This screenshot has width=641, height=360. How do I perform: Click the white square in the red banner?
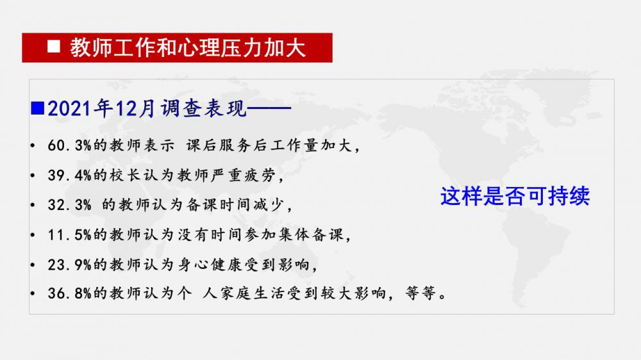coord(54,47)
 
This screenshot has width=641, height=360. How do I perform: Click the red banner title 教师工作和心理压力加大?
coord(188,47)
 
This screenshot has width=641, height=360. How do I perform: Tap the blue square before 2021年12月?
coord(38,108)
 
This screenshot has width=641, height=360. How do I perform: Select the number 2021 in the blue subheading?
coord(69,109)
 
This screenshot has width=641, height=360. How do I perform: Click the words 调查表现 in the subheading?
coord(204,109)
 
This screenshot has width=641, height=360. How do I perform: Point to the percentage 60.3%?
coord(69,145)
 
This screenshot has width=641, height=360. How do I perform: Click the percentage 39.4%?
coord(69,176)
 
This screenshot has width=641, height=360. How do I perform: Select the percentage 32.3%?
coord(69,205)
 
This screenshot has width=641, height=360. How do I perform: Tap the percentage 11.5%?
coord(69,235)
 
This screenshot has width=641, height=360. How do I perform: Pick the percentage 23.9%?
coord(69,265)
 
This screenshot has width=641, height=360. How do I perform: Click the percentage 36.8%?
coord(69,293)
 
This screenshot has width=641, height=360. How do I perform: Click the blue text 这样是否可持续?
coord(515,196)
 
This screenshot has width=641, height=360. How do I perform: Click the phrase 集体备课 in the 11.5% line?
coord(311,235)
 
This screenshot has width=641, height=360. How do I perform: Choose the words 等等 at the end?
coord(420,293)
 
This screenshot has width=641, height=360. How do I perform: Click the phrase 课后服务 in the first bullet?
coord(219,145)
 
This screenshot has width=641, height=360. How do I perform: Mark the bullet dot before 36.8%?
coord(33,294)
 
